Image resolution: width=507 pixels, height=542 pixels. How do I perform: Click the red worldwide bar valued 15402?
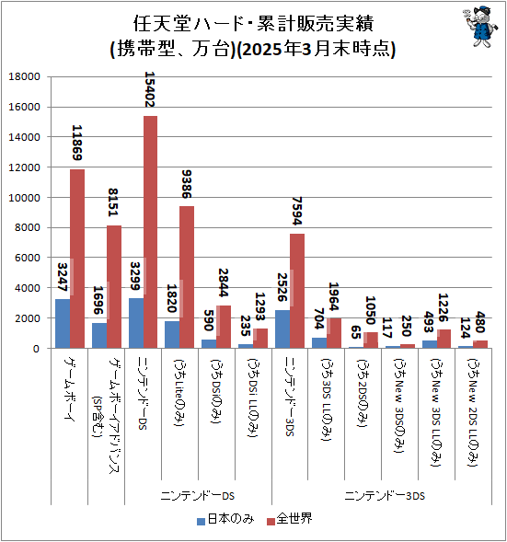(x=150, y=232)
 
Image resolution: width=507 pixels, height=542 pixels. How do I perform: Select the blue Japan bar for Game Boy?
(x=62, y=323)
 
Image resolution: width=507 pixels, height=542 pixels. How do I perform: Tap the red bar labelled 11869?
(x=77, y=259)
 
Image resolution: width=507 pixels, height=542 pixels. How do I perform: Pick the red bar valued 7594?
(x=297, y=291)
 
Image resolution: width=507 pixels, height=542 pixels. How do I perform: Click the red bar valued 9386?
(x=187, y=277)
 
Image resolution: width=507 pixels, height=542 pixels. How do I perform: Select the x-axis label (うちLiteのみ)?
(x=179, y=390)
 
